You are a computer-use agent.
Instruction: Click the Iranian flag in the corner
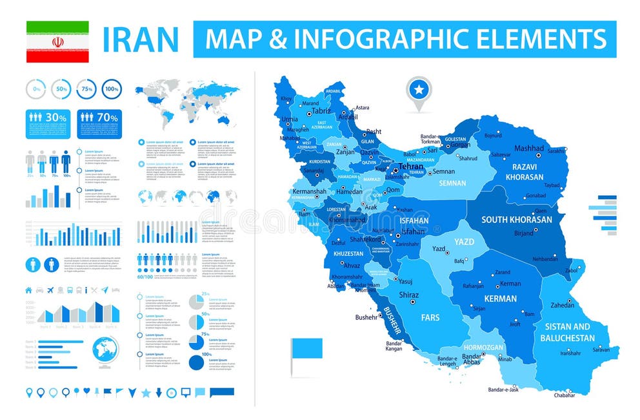(57, 41)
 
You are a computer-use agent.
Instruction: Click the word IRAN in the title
(141, 39)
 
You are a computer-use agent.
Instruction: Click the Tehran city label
(411, 166)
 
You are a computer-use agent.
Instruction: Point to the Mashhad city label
(528, 148)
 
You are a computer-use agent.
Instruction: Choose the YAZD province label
(464, 242)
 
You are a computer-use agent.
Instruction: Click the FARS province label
(430, 317)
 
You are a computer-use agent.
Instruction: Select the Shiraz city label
(409, 294)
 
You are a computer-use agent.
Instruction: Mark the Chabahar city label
(563, 394)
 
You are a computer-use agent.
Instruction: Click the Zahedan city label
(562, 305)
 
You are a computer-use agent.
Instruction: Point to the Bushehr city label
(366, 317)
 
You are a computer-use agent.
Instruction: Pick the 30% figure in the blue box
(56, 117)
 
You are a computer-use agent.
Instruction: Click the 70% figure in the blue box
(108, 117)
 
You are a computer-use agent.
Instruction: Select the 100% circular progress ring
(112, 89)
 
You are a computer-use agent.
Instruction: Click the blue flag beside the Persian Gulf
(306, 349)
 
